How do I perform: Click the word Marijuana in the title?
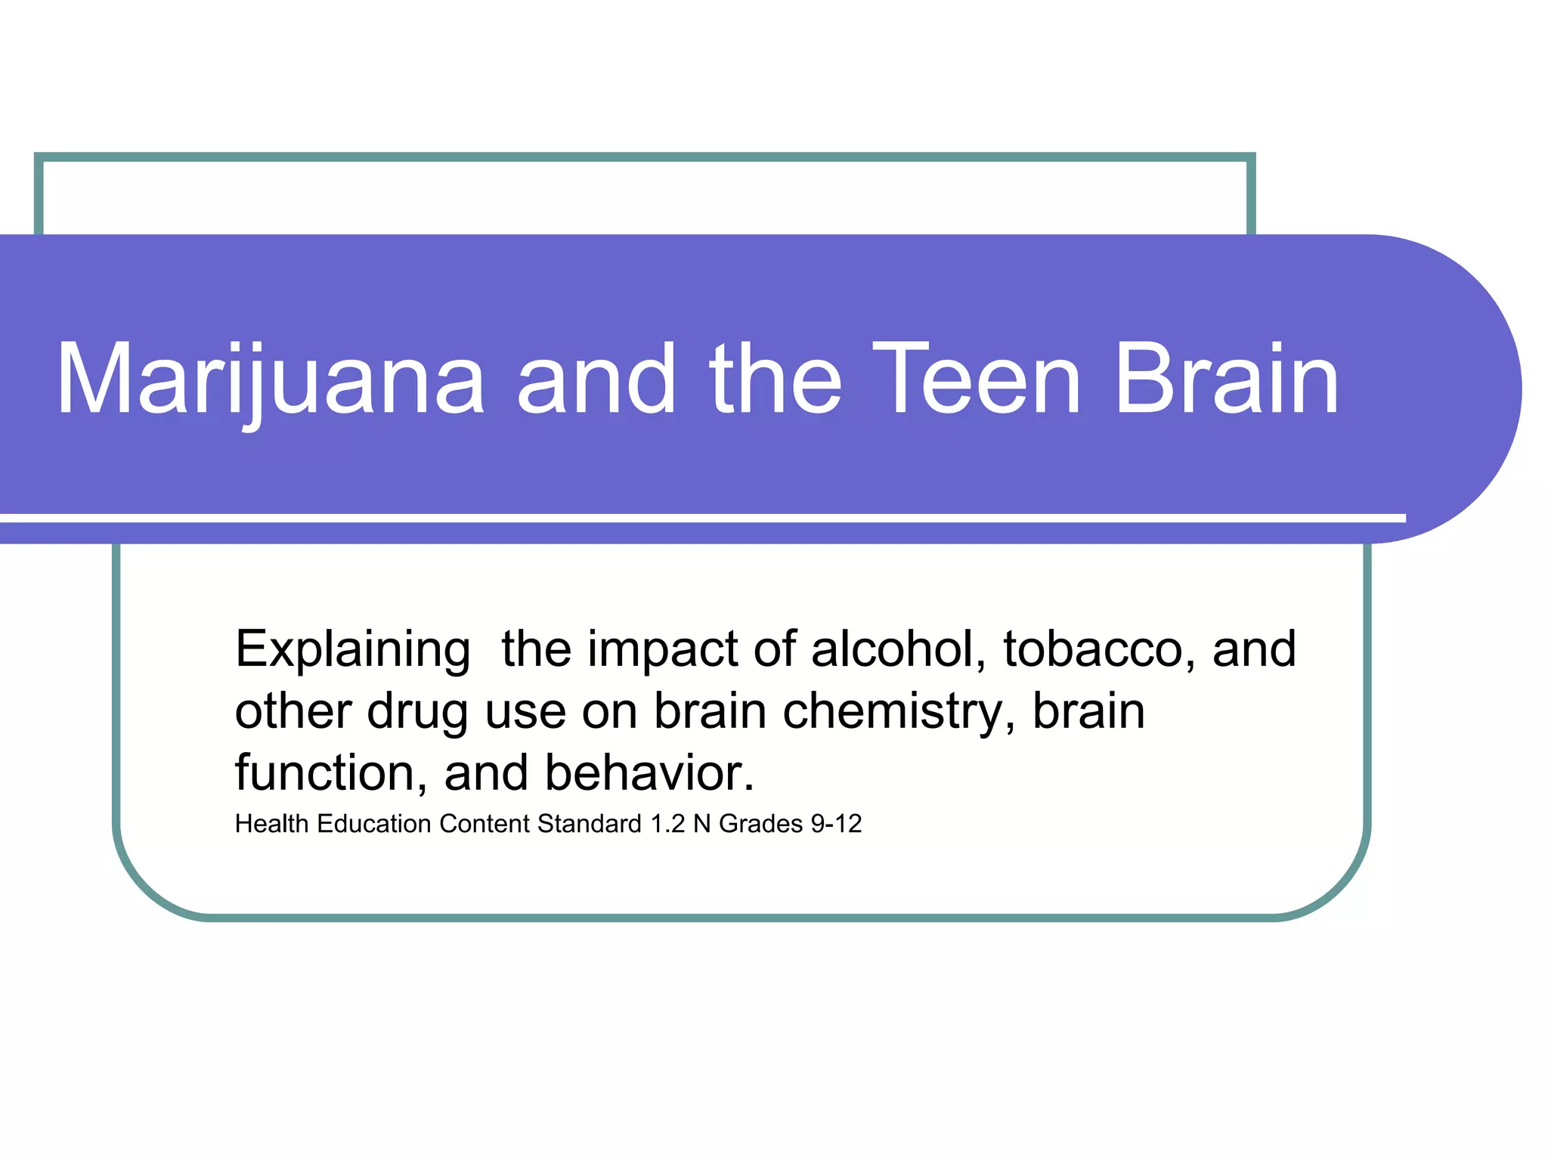(270, 380)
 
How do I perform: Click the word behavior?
(649, 773)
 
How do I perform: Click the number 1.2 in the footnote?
(667, 824)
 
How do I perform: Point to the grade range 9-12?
(836, 824)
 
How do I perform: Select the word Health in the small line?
(272, 824)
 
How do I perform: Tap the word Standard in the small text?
(590, 824)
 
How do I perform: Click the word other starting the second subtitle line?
(293, 712)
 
